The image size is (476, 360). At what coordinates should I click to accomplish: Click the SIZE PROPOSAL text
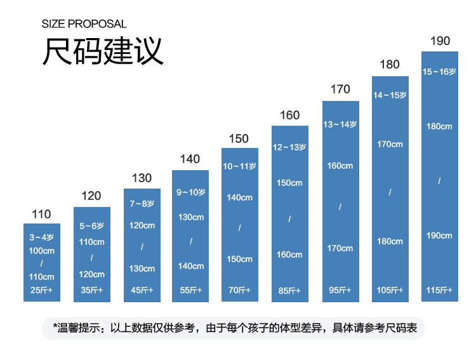(x=84, y=24)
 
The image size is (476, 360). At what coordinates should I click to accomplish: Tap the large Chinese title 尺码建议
(x=103, y=51)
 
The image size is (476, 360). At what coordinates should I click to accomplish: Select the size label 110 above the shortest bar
(x=41, y=215)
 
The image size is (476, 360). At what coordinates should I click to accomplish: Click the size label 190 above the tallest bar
(x=440, y=41)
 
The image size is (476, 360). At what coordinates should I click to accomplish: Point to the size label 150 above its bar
(x=239, y=139)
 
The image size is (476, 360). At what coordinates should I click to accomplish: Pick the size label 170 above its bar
(x=340, y=90)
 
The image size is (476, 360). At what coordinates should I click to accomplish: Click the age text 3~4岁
(x=42, y=237)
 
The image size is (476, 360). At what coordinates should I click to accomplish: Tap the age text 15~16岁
(x=439, y=72)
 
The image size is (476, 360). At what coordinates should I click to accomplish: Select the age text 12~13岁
(x=289, y=147)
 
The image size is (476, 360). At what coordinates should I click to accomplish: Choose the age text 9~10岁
(x=190, y=192)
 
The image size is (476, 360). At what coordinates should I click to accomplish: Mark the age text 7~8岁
(x=142, y=204)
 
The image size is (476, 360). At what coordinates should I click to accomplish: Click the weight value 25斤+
(x=42, y=291)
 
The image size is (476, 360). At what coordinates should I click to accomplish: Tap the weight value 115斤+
(x=439, y=290)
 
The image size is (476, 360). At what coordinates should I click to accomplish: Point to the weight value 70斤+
(x=239, y=290)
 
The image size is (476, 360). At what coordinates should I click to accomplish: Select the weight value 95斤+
(x=340, y=290)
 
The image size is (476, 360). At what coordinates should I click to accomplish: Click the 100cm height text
(x=42, y=251)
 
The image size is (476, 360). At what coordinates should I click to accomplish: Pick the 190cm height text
(x=439, y=236)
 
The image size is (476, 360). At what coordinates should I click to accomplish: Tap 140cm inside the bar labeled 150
(x=239, y=197)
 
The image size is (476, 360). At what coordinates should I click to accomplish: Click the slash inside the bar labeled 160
(x=289, y=219)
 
